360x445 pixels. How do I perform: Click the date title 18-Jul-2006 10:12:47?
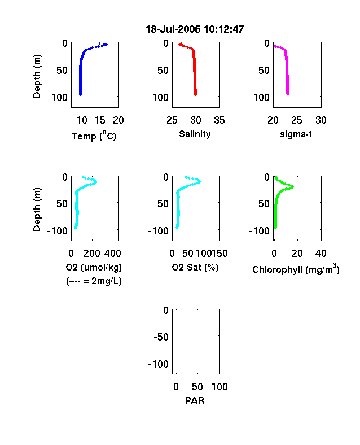point(195,29)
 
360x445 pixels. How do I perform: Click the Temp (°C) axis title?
point(94,136)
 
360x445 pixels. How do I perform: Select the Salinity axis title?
point(195,134)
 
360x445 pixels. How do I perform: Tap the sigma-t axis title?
point(296,134)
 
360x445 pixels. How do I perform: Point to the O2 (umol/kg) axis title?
point(94,267)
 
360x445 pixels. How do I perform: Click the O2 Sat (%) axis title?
point(195,267)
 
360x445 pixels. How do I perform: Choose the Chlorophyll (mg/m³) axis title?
point(296,269)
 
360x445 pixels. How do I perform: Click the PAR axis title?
point(195,400)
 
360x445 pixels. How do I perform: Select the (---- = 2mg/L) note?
point(94,281)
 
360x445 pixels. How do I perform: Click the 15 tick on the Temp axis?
point(100,120)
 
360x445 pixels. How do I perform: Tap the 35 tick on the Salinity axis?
point(219,120)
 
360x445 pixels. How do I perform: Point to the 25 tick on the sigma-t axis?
point(296,120)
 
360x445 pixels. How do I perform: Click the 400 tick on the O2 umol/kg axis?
point(112,254)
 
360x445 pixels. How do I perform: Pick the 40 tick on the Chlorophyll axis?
point(321,254)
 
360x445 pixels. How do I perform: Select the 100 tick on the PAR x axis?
point(219,387)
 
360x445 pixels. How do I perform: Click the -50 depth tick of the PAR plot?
point(161,337)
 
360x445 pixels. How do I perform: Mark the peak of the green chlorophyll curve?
point(292,187)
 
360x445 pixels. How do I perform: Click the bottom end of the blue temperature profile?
point(80,94)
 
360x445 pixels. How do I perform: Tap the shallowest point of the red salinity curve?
point(180,44)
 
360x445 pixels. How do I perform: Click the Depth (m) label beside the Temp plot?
point(37,76)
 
